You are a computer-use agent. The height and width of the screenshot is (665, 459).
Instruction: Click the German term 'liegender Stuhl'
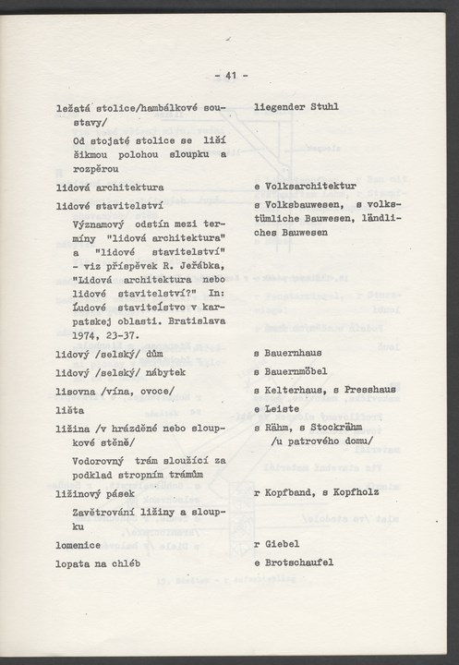click(296, 107)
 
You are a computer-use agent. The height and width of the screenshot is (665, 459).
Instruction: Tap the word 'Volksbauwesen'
click(298, 204)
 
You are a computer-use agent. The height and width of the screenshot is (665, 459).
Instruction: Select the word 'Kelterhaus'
click(292, 390)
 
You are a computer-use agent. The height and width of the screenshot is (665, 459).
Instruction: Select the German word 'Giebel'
click(278, 544)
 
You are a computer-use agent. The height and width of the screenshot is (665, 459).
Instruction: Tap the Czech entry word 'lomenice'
click(81, 544)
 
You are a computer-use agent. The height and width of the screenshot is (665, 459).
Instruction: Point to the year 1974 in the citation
click(88, 336)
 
